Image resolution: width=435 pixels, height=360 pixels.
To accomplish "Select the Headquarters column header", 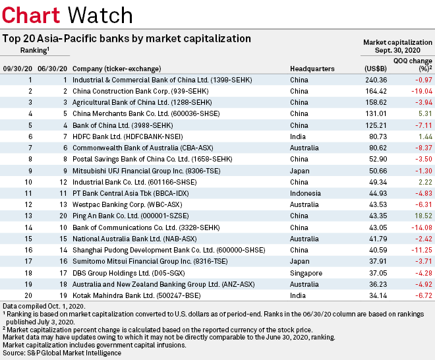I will [x=312, y=68].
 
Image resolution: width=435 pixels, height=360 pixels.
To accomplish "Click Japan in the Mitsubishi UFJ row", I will [x=299, y=171].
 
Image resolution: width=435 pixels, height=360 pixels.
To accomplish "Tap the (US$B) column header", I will [x=375, y=68].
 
